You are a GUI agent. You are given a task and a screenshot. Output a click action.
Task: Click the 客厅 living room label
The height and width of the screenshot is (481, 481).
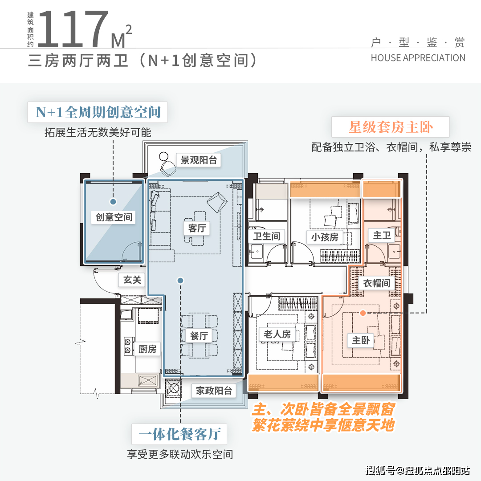[x=196, y=228]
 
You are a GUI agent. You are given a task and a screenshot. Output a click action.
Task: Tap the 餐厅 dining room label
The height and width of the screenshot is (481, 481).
[x=199, y=335]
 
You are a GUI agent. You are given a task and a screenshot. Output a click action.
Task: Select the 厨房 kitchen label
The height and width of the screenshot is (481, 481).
[x=147, y=349]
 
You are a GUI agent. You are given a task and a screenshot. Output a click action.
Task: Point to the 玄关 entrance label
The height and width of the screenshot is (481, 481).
[x=132, y=280]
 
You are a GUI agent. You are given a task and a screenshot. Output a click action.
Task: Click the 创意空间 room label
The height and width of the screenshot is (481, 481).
[x=114, y=217]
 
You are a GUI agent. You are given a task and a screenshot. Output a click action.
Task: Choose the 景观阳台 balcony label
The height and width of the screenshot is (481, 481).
[x=199, y=160]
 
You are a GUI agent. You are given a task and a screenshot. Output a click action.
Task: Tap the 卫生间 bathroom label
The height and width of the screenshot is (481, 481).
[x=266, y=236]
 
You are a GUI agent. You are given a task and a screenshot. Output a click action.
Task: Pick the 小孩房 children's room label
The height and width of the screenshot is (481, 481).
[x=325, y=237]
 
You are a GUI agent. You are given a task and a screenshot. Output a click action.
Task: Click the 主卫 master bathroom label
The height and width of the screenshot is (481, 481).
[x=382, y=235]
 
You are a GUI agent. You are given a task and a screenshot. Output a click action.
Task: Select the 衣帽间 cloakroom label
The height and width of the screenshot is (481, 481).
[x=376, y=283]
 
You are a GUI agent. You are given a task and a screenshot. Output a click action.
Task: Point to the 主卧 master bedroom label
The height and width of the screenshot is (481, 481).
[x=361, y=340]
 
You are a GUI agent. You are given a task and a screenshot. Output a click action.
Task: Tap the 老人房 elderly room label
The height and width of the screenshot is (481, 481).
[x=277, y=334]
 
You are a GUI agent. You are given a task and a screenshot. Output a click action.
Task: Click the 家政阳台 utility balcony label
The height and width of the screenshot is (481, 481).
[x=214, y=391]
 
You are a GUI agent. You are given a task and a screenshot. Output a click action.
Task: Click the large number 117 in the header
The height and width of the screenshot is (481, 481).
[x=73, y=29]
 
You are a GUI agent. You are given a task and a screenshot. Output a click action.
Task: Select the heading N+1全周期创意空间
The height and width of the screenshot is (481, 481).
[x=98, y=112]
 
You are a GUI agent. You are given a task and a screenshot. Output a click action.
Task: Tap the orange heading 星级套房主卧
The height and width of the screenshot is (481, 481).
[x=391, y=128]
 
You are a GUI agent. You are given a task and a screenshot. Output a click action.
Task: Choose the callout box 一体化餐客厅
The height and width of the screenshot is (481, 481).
[x=179, y=433]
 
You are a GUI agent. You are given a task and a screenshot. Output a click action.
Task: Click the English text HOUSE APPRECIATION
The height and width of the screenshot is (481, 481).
[x=418, y=58]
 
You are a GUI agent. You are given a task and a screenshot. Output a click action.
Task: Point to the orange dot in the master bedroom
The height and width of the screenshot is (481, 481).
[x=363, y=313]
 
